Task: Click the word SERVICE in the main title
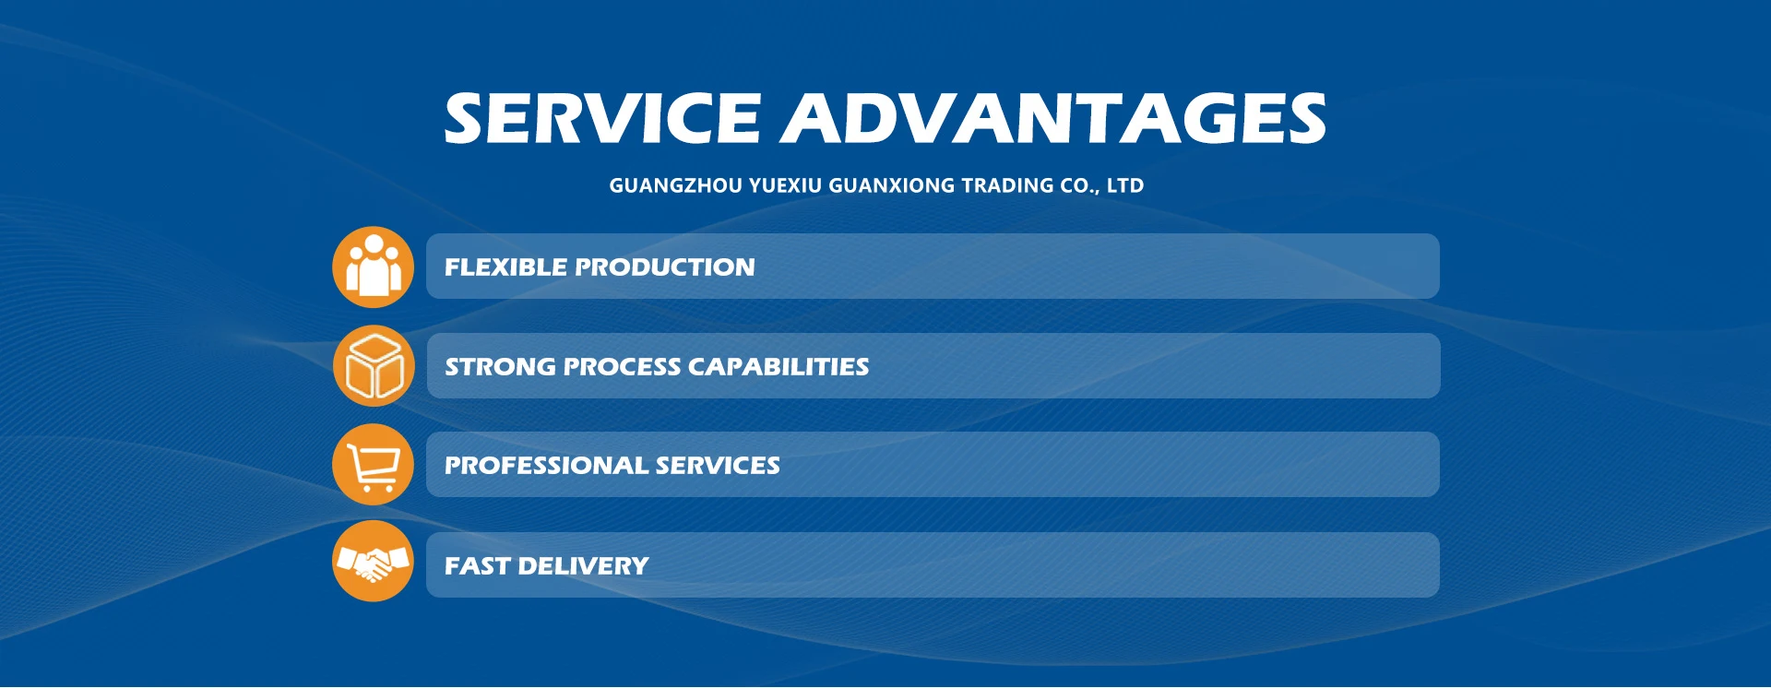pyautogui.click(x=601, y=118)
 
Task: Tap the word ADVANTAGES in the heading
pyautogui.click(x=1054, y=118)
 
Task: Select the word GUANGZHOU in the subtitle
pyautogui.click(x=675, y=185)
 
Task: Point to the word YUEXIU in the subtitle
pyautogui.click(x=785, y=185)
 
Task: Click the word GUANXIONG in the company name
pyautogui.click(x=892, y=185)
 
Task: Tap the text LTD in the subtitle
pyautogui.click(x=1125, y=185)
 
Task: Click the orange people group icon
pyautogui.click(x=373, y=267)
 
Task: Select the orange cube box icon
pyautogui.click(x=374, y=366)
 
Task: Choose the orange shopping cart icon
pyautogui.click(x=373, y=465)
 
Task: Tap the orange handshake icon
pyautogui.click(x=373, y=561)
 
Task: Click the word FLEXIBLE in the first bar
pyautogui.click(x=505, y=267)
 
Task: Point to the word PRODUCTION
pyautogui.click(x=665, y=267)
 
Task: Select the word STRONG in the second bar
pyautogui.click(x=500, y=367)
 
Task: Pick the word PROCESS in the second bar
pyautogui.click(x=622, y=367)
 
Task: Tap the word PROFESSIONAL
pyautogui.click(x=546, y=466)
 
